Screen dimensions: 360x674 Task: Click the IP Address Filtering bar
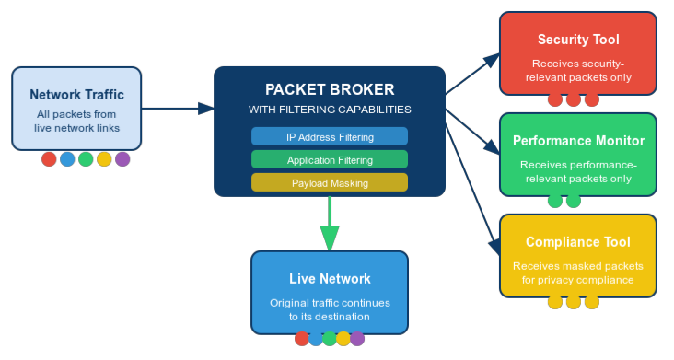[x=329, y=137]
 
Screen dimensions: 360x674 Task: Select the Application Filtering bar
[x=329, y=160]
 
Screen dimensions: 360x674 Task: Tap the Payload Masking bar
[x=329, y=183]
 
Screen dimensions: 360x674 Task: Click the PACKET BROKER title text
[x=329, y=89]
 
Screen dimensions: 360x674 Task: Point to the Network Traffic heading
[x=76, y=94]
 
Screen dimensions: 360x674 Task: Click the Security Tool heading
[x=577, y=40]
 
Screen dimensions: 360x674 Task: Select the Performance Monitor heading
[x=577, y=141]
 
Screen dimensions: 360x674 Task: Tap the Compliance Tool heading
[x=577, y=242]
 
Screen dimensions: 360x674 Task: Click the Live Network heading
[x=330, y=279]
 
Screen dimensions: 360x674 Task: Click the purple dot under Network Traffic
[x=122, y=159]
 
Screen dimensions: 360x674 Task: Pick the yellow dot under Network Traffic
[x=104, y=159]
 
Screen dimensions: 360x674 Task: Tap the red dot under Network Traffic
[x=49, y=159]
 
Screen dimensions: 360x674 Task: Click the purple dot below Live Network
[x=357, y=338]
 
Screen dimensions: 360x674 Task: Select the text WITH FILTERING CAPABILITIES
[x=329, y=110]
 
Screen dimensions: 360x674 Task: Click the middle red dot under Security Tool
[x=574, y=99]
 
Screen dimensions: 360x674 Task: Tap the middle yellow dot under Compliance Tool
[x=574, y=302]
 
